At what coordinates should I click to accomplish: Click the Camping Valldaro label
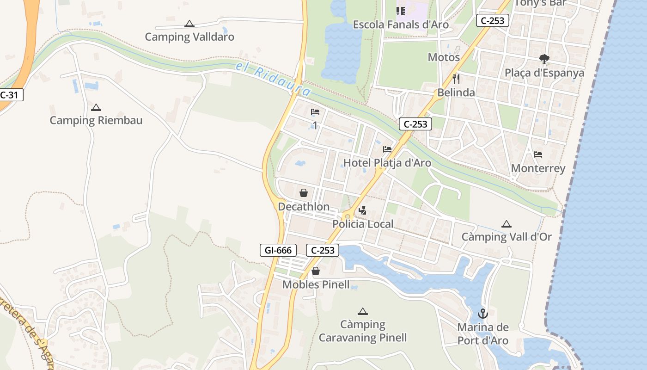point(189,37)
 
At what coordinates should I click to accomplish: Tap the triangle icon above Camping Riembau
point(96,108)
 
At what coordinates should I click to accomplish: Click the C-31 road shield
point(9,95)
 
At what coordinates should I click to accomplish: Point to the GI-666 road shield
point(278,251)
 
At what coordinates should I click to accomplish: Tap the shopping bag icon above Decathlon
point(304,193)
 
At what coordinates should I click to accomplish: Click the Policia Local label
point(363,224)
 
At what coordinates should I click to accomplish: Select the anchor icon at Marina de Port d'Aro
point(482,314)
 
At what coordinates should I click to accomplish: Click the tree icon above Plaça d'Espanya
point(544,59)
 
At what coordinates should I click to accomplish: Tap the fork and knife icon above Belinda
point(456,79)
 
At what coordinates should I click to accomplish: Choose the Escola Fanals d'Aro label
point(401,25)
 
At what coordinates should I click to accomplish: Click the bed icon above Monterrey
point(538,154)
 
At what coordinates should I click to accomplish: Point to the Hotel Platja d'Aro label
point(387,163)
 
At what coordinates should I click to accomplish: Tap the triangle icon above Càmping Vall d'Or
point(507,224)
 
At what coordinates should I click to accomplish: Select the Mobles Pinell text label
point(316,284)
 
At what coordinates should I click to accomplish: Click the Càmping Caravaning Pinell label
point(363,331)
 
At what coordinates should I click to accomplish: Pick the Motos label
point(444,57)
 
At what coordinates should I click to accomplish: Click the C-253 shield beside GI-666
point(323,251)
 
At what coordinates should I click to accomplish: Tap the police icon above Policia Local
point(363,210)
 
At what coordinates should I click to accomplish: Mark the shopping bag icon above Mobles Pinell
point(316,271)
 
